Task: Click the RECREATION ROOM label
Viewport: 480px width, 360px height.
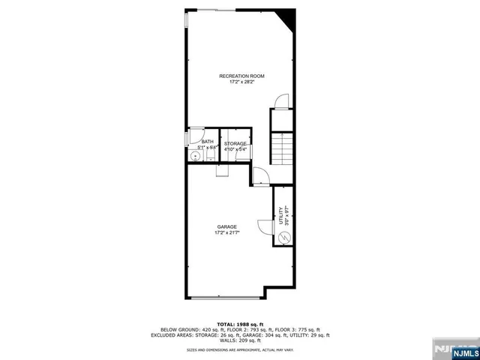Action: pyautogui.click(x=241, y=76)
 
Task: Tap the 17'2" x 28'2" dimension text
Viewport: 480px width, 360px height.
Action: pyautogui.click(x=241, y=82)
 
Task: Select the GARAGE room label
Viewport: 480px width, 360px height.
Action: pyautogui.click(x=227, y=226)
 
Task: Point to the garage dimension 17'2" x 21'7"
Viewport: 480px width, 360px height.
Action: pyautogui.click(x=227, y=232)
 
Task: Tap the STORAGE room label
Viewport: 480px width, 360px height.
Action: pyautogui.click(x=235, y=142)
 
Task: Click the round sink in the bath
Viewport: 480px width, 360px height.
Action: pyautogui.click(x=194, y=157)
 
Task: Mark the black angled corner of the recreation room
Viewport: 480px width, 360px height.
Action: pyautogui.click(x=288, y=19)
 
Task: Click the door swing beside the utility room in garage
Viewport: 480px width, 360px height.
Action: pyautogui.click(x=264, y=226)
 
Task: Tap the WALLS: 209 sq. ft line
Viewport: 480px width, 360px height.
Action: pyautogui.click(x=240, y=340)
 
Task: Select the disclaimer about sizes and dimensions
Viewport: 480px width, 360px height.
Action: pyautogui.click(x=240, y=350)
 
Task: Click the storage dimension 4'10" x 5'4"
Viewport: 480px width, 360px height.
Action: pyautogui.click(x=235, y=149)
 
